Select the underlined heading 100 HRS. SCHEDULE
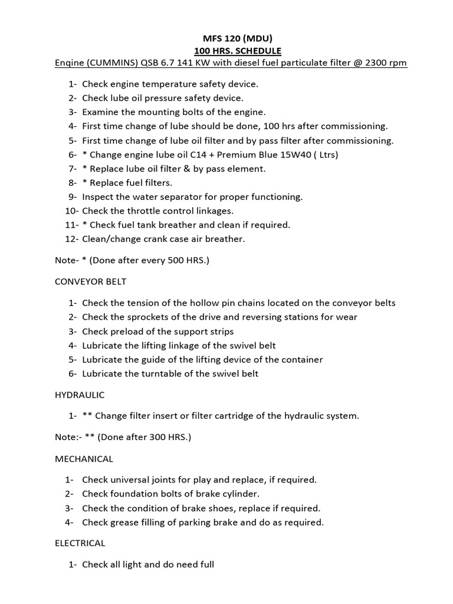point(226,51)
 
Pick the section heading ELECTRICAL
point(77,543)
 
